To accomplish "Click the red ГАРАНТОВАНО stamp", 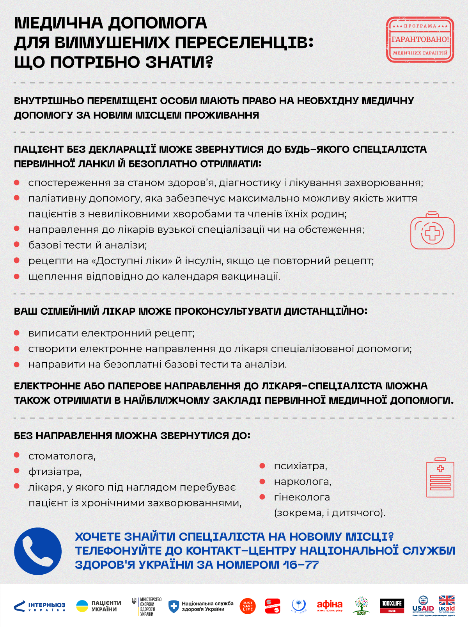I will pyautogui.click(x=420, y=39).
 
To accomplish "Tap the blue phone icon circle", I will pyautogui.click(x=38, y=551).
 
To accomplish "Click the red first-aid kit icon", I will pyautogui.click(x=432, y=231).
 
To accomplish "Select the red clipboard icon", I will pyautogui.click(x=440, y=478).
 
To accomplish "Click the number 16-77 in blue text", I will pyautogui.click(x=301, y=565).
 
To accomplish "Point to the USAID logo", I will pyautogui.click(x=423, y=606).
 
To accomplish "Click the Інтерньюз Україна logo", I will pyautogui.click(x=39, y=606).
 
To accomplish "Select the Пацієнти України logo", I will pyautogui.click(x=99, y=606).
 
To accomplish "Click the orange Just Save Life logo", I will pyautogui.click(x=248, y=606).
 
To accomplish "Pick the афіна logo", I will pyautogui.click(x=330, y=606).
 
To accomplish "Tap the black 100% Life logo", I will pyautogui.click(x=392, y=606).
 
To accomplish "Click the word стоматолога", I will pyautogui.click(x=62, y=456).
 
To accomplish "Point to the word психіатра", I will pyautogui.click(x=300, y=466).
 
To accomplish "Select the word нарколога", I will pyautogui.click(x=303, y=482).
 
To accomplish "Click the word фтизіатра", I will pyautogui.click(x=55, y=472).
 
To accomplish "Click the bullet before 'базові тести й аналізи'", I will pyautogui.click(x=17, y=245).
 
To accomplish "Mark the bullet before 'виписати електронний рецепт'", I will pyautogui.click(x=17, y=333).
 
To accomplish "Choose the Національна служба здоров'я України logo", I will pyautogui.click(x=201, y=606).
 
